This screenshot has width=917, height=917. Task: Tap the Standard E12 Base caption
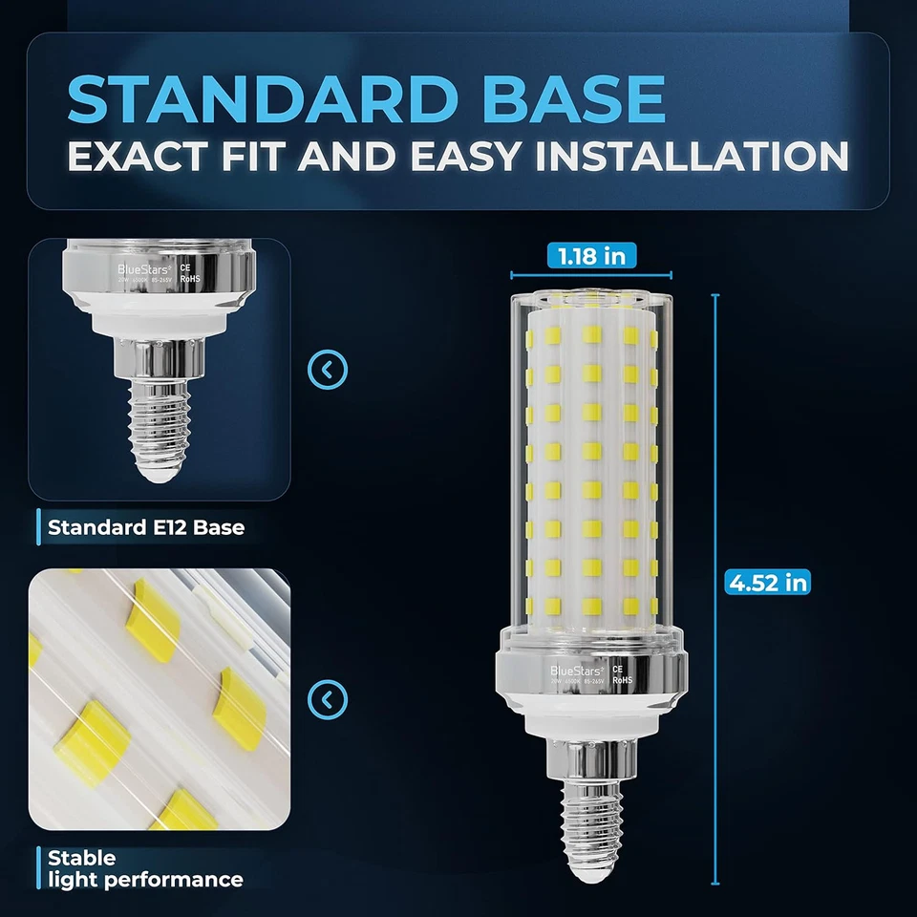(146, 526)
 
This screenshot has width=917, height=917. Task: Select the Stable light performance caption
(143, 869)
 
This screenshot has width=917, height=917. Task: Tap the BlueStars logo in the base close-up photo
(142, 270)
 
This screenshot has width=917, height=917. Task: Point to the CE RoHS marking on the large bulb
(618, 676)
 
